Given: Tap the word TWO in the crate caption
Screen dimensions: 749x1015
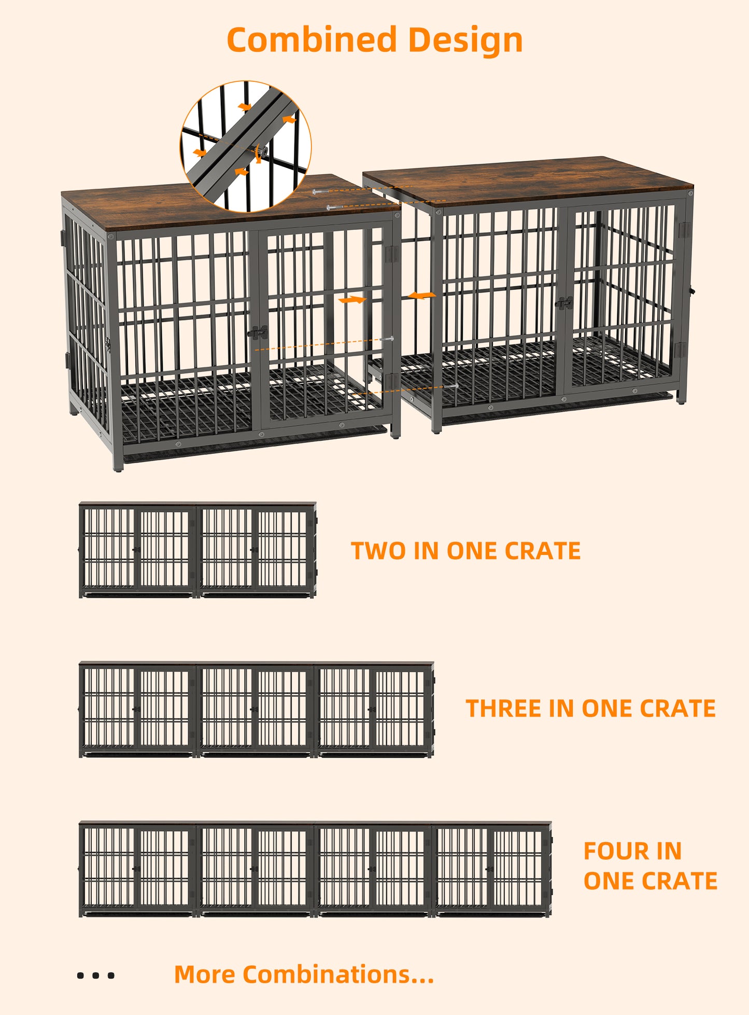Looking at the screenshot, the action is [378, 551].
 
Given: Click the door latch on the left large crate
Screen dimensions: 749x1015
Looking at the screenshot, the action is [259, 332].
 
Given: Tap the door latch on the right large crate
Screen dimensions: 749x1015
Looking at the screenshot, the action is [564, 303].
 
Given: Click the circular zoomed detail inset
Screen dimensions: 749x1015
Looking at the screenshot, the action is [246, 146].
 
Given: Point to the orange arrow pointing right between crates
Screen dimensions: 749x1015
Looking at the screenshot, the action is [352, 300].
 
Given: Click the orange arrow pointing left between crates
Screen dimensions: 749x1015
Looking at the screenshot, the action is [422, 296].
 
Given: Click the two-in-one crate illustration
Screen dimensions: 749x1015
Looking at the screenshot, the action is [197, 550].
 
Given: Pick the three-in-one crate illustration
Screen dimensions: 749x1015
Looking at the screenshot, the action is [257, 710].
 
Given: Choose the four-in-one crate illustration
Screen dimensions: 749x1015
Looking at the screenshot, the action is [315, 869].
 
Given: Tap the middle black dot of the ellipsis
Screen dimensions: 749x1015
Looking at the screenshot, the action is [95, 976].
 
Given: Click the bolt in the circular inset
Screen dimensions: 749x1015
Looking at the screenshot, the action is [263, 152].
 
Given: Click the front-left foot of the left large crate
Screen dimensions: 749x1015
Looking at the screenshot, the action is [118, 466].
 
